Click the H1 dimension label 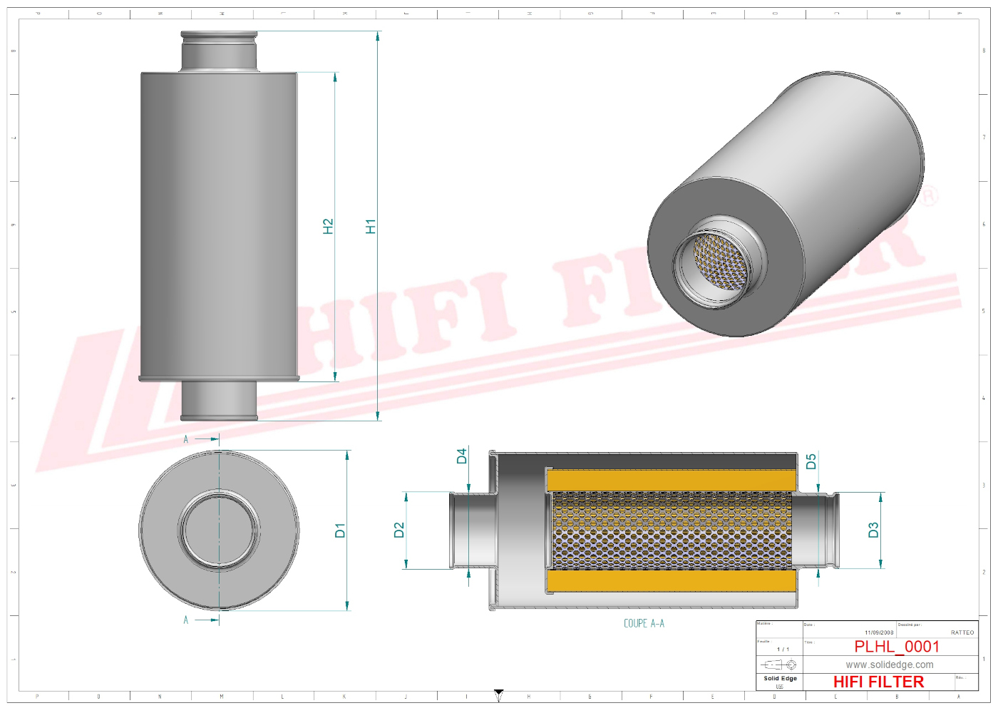[370, 226]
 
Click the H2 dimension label [328, 226]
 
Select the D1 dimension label [340, 530]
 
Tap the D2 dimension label [398, 530]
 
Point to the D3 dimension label [873, 530]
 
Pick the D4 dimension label [462, 456]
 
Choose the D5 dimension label [811, 461]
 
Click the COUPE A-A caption [644, 623]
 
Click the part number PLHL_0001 [897, 647]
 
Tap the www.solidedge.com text [890, 665]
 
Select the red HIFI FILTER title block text [878, 682]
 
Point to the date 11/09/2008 [879, 632]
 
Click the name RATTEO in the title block [962, 632]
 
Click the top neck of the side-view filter [219, 51]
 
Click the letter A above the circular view [186, 439]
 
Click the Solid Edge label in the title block [780, 678]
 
